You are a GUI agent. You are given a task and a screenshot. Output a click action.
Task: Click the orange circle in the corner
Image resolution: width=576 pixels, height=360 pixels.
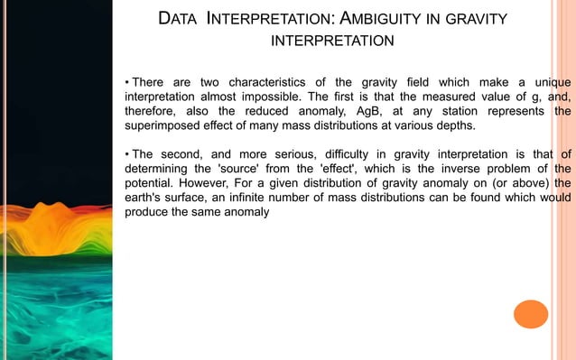click(531, 313)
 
